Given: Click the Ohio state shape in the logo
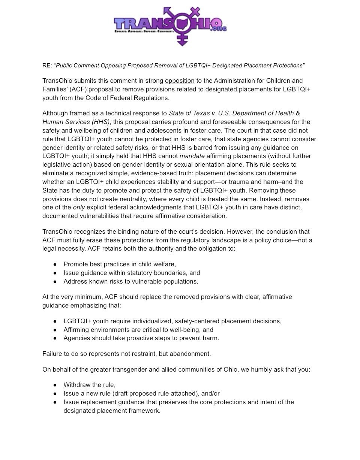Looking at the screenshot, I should pos(183,24).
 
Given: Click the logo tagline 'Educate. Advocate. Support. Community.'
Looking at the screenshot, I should pos(144,32).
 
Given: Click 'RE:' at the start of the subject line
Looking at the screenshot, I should pos(47,66).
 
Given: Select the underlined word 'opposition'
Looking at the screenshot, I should pos(180,81).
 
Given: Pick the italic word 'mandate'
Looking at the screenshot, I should pos(192,156).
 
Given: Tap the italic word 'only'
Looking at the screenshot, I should pos(79,207).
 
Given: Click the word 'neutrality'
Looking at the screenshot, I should pos(129,199).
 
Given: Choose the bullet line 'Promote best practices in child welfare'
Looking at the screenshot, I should pos(119,264).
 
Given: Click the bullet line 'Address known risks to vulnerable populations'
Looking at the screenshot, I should pos(130,281).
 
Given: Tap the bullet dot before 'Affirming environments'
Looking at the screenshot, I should pos(55,330).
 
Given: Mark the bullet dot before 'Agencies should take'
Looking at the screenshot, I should pos(55,338).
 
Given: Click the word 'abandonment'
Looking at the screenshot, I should pos(191,354).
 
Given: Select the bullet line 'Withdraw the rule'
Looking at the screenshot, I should pos(89,385).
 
